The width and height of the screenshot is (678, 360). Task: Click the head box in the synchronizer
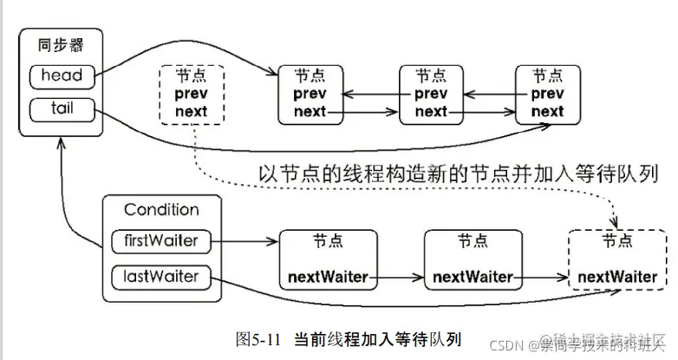(61, 76)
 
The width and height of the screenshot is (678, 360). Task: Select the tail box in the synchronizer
(61, 109)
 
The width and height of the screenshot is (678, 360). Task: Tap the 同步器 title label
(61, 45)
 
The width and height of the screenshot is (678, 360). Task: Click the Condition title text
(161, 210)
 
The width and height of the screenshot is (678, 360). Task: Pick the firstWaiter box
(161, 241)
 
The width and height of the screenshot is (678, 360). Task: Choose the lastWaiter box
(161, 277)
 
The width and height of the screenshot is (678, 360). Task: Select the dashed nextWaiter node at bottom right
(616, 259)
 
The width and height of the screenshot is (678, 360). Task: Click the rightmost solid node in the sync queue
(546, 93)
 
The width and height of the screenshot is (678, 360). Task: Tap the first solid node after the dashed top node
(310, 93)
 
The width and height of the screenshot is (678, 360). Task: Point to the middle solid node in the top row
(431, 93)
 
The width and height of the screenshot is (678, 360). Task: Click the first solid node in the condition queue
(328, 259)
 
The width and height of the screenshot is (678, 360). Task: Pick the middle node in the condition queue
(473, 259)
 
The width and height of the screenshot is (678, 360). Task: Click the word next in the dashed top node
(191, 111)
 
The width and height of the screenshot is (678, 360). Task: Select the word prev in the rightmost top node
(546, 93)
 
